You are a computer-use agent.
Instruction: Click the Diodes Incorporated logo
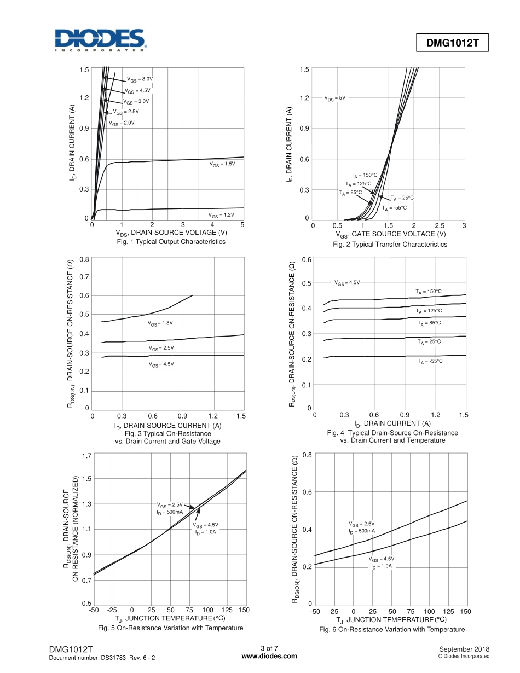coord(99,40)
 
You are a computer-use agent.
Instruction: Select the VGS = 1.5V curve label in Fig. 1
coord(222,164)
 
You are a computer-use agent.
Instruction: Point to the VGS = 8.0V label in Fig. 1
coord(140,79)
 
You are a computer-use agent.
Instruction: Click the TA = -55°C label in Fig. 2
coord(394,208)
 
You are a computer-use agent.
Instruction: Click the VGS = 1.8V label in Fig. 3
coord(160,323)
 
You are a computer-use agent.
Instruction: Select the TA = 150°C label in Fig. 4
coord(429,292)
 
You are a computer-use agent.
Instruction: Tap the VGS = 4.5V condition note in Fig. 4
coord(347,283)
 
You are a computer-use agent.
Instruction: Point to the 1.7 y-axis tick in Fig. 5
coord(86,455)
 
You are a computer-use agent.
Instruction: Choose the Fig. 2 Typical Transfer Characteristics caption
coord(390,245)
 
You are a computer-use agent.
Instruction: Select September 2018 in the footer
coord(465,649)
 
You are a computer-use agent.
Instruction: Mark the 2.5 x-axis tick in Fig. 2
coord(438,225)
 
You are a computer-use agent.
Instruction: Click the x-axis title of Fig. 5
coord(171,618)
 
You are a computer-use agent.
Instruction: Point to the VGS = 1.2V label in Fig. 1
coord(221,215)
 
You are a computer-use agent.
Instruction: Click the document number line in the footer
coord(102,657)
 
